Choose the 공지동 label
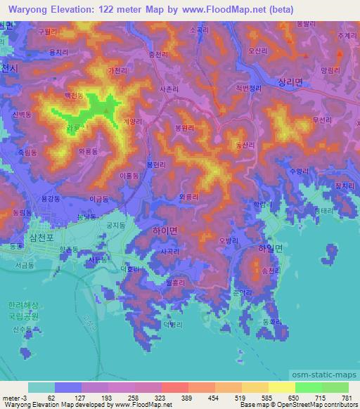click(x=115, y=225)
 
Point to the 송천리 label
click(x=270, y=271)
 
